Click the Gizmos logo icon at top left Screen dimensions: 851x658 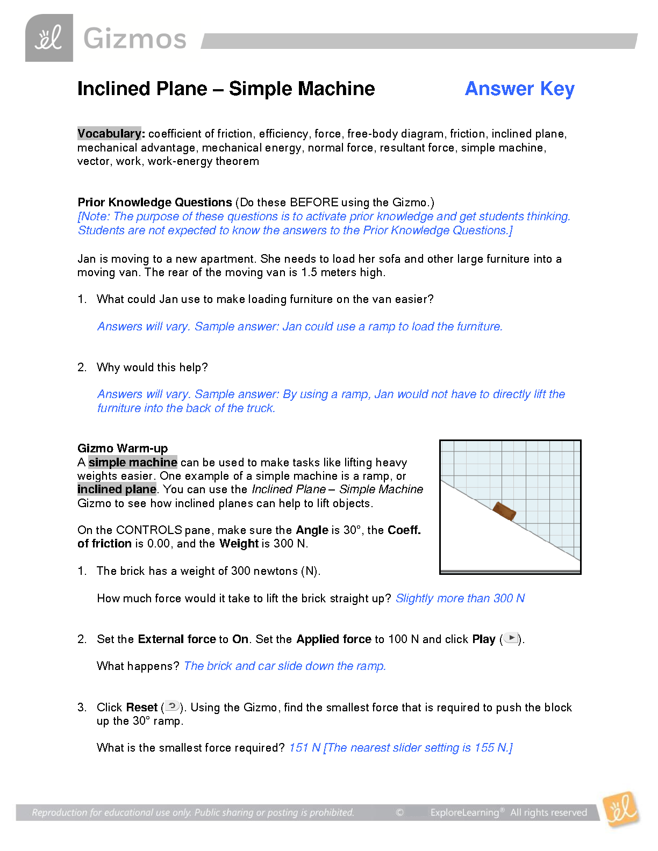pos(49,38)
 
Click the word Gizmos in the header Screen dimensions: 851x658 pos(135,39)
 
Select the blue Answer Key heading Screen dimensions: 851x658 pos(519,89)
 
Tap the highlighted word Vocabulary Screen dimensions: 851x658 pos(110,133)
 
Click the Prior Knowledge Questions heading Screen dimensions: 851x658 pos(155,203)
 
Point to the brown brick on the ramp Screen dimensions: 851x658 pos(504,511)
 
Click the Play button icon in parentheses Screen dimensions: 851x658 pos(511,638)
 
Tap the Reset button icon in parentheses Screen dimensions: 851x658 pos(172,706)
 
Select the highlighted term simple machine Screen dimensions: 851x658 pos(133,463)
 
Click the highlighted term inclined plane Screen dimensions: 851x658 pos(117,489)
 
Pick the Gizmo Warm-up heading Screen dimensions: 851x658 pos(123,448)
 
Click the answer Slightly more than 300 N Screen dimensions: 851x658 pos(460,598)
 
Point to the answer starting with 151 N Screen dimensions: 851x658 pos(400,748)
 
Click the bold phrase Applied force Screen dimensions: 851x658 pos(334,639)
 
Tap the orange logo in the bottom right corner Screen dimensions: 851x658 pos(620,809)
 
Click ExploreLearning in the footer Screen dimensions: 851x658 pos(464,812)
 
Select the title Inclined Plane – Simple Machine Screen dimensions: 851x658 pos(226,89)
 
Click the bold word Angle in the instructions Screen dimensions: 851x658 pos(312,530)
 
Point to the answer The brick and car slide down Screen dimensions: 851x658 pos(285,666)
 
